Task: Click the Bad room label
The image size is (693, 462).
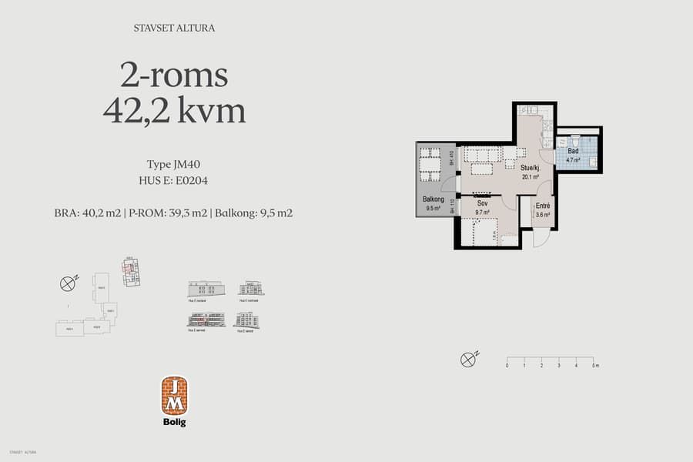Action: pos(573,152)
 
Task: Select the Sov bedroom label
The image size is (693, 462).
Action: pos(482,203)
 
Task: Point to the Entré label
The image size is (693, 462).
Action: pos(542,206)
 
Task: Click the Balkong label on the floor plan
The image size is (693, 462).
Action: pos(432,199)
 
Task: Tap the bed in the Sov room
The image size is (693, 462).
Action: pos(479,233)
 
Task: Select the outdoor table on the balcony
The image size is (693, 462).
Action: pos(430,164)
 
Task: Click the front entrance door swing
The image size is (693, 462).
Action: pos(541,237)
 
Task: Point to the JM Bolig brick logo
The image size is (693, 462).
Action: pos(174,396)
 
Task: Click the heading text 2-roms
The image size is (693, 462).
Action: pos(174,75)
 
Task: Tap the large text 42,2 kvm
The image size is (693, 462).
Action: pos(174,111)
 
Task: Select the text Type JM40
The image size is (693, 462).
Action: pos(173,164)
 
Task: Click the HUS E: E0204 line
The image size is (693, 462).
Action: pos(173,181)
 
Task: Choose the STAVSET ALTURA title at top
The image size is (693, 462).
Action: pos(173,28)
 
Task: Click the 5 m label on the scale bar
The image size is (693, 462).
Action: pos(594,366)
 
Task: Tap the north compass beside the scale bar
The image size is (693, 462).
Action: pos(467,359)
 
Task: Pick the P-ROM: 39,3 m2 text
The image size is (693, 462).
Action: pos(167,213)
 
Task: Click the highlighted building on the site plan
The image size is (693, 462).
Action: pos(131,270)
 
